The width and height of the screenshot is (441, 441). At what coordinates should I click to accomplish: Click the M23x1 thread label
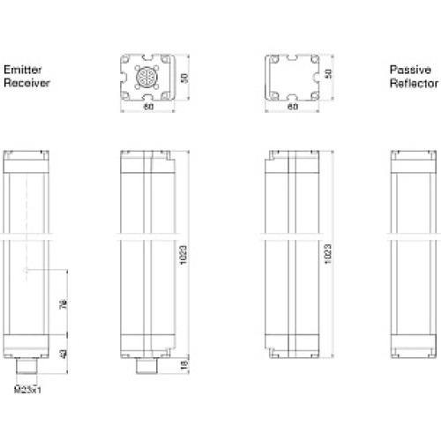coord(30,388)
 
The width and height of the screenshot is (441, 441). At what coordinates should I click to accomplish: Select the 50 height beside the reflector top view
coord(329,76)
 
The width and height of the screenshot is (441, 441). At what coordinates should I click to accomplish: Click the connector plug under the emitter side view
coord(145,366)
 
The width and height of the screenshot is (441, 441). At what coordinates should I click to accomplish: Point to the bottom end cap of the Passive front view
coord(409,349)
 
